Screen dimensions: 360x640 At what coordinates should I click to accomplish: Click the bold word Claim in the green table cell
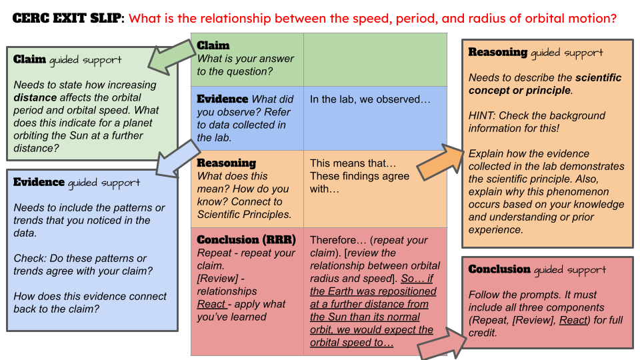click(213, 45)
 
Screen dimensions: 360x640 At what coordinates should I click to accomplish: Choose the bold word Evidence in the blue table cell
click(223, 99)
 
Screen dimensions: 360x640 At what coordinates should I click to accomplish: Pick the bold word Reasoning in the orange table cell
click(226, 163)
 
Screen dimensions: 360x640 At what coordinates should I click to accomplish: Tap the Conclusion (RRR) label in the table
click(246, 239)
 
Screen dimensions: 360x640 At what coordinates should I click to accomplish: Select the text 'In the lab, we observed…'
click(370, 99)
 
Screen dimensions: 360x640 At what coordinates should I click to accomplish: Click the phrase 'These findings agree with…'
click(360, 183)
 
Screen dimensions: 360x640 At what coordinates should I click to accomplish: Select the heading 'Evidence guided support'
click(77, 182)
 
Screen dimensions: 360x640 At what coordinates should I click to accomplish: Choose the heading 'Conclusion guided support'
click(537, 269)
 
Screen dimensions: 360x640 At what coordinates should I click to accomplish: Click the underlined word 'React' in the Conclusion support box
click(574, 320)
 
